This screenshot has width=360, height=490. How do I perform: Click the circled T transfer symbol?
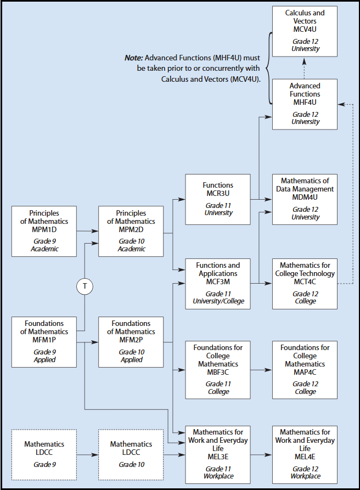(x=85, y=286)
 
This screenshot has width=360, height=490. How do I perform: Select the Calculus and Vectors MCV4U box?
(x=305, y=31)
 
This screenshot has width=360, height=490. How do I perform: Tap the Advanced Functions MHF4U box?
(x=305, y=104)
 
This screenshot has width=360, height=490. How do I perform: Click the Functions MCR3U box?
(x=218, y=199)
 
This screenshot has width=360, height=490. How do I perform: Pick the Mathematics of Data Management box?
(x=305, y=199)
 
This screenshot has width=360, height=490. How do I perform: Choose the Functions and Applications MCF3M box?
(x=218, y=284)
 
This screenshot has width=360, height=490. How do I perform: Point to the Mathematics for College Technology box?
(x=305, y=284)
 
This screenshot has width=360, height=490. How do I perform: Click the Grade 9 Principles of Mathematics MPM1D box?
(x=44, y=231)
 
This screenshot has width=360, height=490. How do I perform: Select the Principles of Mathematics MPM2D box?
(x=131, y=231)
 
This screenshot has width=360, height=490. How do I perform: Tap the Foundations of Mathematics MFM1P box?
(x=44, y=342)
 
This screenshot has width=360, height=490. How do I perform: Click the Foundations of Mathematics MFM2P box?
(x=131, y=342)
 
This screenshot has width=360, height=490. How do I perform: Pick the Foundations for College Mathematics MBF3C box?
(x=218, y=370)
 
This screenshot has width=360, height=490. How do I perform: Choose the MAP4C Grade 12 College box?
(x=305, y=370)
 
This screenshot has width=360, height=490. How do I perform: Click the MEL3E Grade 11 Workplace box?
(x=218, y=455)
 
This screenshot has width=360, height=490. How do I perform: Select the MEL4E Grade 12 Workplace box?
(x=305, y=455)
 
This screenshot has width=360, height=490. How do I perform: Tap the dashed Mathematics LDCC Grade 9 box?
(x=44, y=455)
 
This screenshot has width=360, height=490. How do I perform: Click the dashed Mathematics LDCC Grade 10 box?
(x=131, y=455)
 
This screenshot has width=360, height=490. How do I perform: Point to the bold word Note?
(x=134, y=58)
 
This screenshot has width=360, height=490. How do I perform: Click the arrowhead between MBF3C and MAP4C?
(x=268, y=370)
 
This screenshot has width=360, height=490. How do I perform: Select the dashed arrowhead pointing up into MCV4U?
(x=305, y=61)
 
